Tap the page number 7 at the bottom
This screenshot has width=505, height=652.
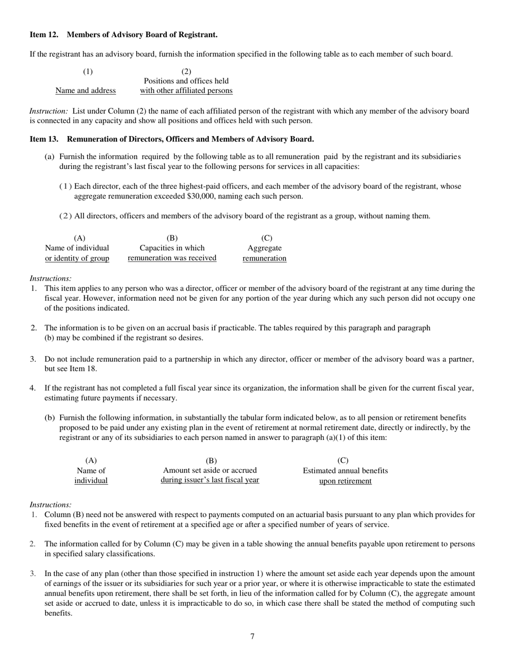tap(252, 636)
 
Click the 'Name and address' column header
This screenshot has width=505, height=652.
tap(86, 90)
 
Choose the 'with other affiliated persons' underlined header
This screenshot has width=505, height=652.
tap(186, 90)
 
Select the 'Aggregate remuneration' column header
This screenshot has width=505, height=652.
tap(265, 253)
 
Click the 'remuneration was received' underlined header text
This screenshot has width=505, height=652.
tap(172, 258)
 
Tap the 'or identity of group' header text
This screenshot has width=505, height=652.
tap(77, 258)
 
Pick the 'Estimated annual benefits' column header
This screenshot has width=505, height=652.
tap(345, 470)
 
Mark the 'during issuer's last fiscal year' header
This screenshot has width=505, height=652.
tap(210, 480)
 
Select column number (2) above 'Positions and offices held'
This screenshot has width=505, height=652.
tap(186, 71)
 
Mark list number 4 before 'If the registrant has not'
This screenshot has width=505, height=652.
tap(32, 388)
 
